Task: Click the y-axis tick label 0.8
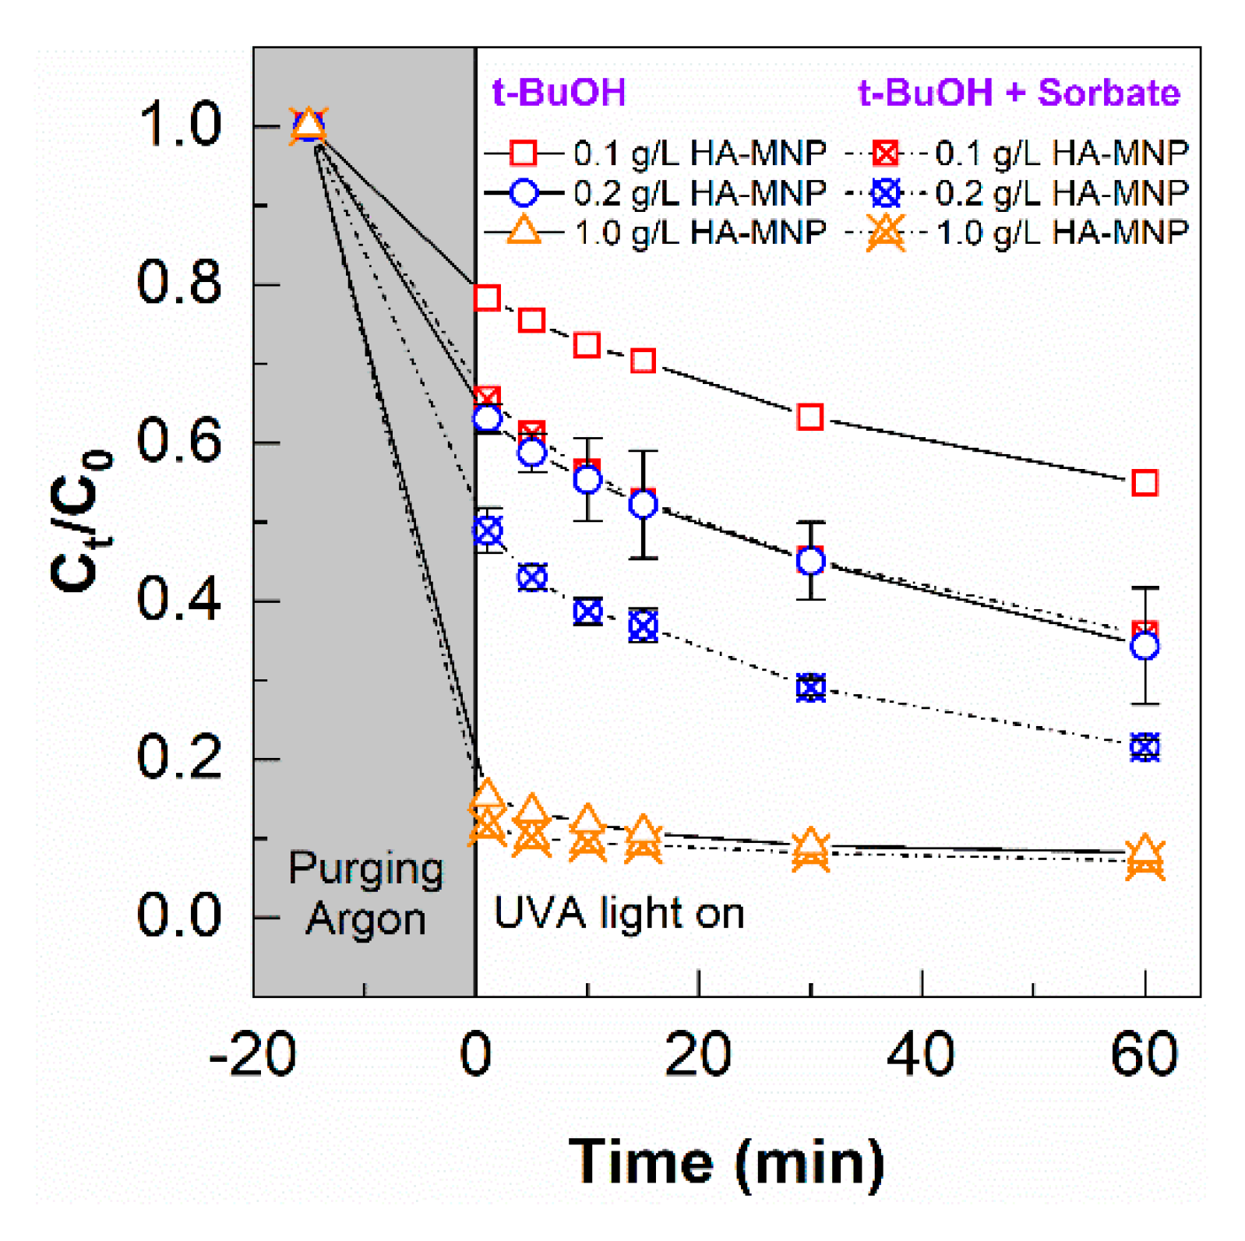coord(179,284)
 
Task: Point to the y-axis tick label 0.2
coord(179,757)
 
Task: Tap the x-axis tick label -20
coord(252,1055)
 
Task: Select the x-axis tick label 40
coord(921,1055)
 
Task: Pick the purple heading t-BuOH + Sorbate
coord(1018,93)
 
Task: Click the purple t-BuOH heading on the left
coord(559,93)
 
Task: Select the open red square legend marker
coord(523,153)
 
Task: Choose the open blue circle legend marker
coord(523,192)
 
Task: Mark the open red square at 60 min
coord(1144,483)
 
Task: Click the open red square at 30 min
coord(810,418)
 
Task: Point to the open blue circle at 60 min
coord(1144,646)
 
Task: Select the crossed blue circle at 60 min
coord(1144,748)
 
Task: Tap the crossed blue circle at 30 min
coord(810,689)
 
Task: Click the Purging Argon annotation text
coord(365,894)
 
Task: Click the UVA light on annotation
coord(619,913)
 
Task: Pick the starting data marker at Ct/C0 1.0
coord(309,125)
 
